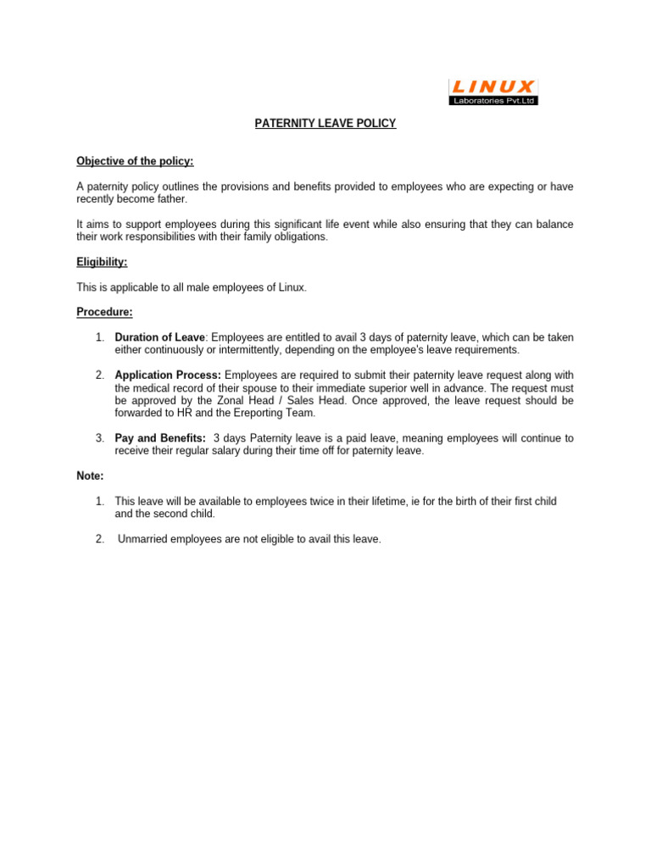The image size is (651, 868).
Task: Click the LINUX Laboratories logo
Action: click(492, 92)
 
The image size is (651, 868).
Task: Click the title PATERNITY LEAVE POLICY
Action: click(325, 124)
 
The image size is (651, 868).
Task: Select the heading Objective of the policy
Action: click(135, 161)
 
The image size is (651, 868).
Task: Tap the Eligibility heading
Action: click(102, 263)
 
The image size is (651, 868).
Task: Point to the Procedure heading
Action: click(104, 312)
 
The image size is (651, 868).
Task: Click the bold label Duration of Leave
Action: click(160, 337)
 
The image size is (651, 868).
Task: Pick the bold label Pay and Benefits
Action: click(160, 438)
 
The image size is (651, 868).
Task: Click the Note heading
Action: click(90, 476)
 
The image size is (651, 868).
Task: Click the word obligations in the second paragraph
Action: click(298, 236)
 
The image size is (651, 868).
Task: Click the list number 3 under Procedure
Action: click(99, 438)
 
